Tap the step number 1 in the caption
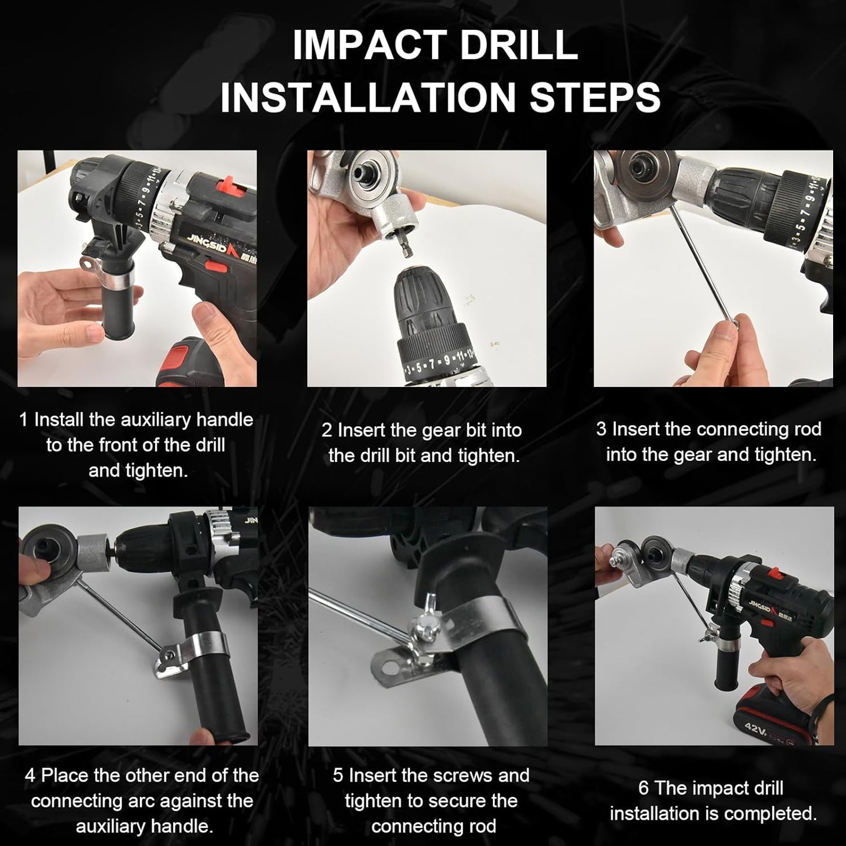23,420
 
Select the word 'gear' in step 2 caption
437,430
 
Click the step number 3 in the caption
601,429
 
